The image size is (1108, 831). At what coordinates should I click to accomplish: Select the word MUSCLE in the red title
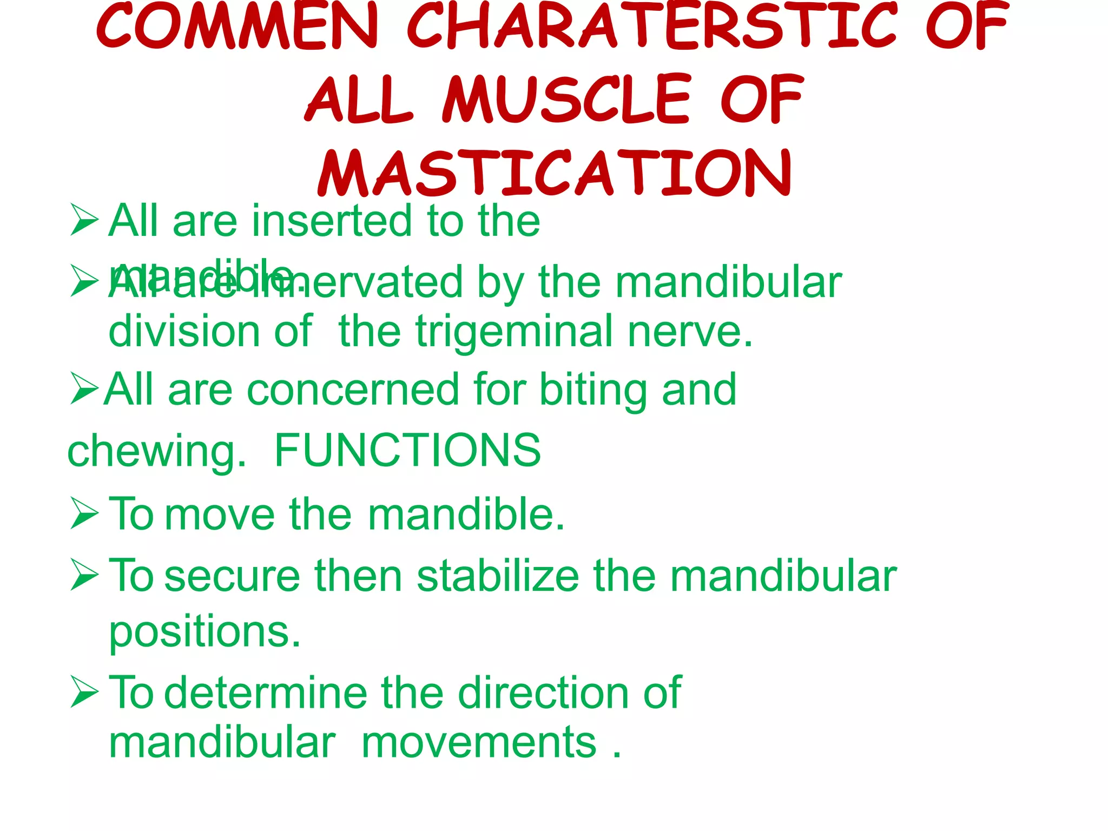(566, 100)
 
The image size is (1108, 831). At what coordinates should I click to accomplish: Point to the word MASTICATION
(555, 173)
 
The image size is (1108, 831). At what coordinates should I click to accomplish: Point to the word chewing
(156, 451)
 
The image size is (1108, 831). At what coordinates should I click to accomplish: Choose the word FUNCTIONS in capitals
(407, 450)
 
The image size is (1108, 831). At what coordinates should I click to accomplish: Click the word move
(220, 514)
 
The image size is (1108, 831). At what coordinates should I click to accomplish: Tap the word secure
(232, 576)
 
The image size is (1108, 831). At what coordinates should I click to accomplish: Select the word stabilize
(498, 576)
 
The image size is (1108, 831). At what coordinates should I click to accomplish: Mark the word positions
(205, 632)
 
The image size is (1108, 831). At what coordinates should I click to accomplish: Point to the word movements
(479, 743)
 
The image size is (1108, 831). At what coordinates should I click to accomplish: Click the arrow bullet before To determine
(84, 692)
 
